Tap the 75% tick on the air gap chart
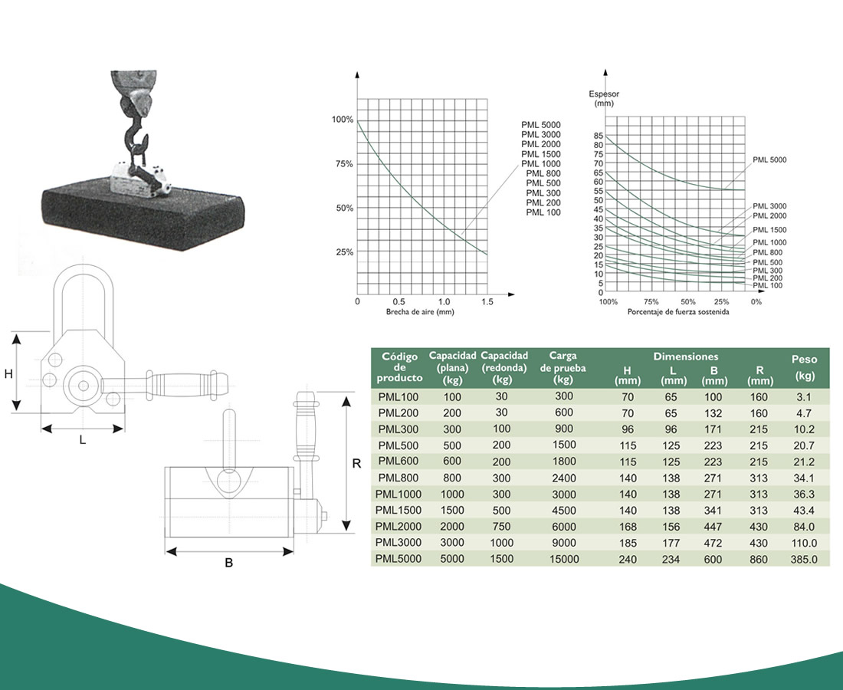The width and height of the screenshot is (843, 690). pyautogui.click(x=344, y=164)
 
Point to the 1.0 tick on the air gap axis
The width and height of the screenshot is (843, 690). pyautogui.click(x=444, y=302)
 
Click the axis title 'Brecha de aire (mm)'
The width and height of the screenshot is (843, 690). pyautogui.click(x=420, y=312)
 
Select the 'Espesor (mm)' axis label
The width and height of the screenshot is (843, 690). pyautogui.click(x=604, y=98)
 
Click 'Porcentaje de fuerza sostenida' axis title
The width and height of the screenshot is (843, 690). pyautogui.click(x=678, y=312)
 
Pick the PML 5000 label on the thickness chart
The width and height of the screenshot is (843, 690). pyautogui.click(x=769, y=159)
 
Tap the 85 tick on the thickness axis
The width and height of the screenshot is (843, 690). pyautogui.click(x=599, y=136)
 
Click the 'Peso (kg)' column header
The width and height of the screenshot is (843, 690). pyautogui.click(x=804, y=367)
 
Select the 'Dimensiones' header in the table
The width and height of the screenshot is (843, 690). pyautogui.click(x=685, y=356)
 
